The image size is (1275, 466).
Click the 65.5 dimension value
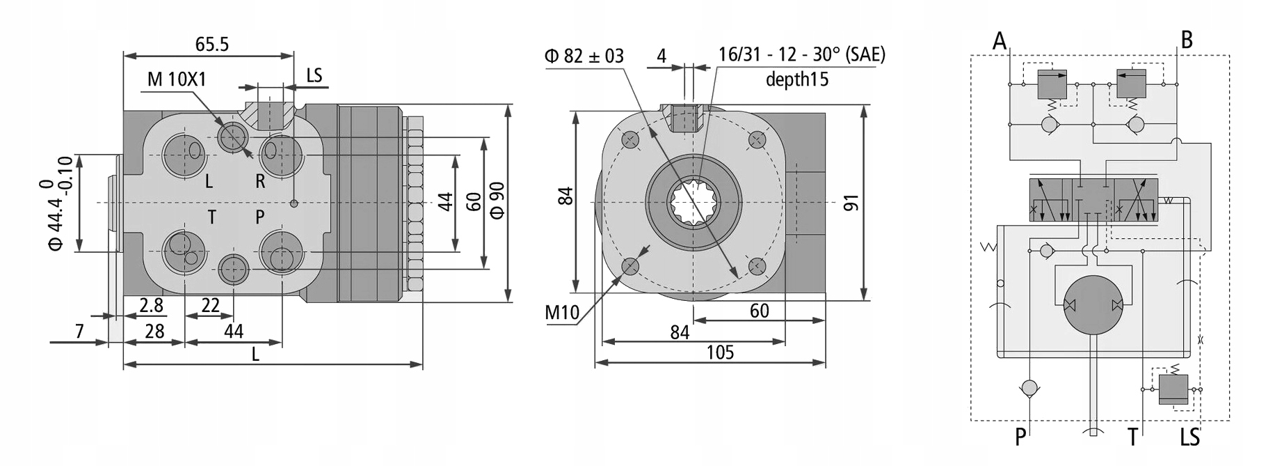click(x=211, y=45)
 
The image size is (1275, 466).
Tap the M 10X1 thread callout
click(x=177, y=79)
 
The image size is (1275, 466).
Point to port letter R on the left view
click(x=260, y=182)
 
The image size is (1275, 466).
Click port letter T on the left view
click(x=211, y=217)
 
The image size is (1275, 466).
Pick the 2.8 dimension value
click(x=151, y=305)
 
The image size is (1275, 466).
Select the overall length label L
click(x=255, y=355)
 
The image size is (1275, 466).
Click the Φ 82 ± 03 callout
click(x=584, y=56)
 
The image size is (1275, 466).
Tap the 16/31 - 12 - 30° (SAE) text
click(x=801, y=55)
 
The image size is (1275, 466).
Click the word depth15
click(x=796, y=79)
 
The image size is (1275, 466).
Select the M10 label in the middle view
click(x=561, y=312)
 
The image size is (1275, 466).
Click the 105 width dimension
click(x=720, y=352)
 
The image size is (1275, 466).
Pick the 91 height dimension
click(x=851, y=203)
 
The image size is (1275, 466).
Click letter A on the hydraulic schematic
click(x=1000, y=40)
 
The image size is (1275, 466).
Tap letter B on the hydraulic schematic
click(x=1187, y=40)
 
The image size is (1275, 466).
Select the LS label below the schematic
click(x=1190, y=437)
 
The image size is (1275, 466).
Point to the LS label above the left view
click(x=314, y=75)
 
